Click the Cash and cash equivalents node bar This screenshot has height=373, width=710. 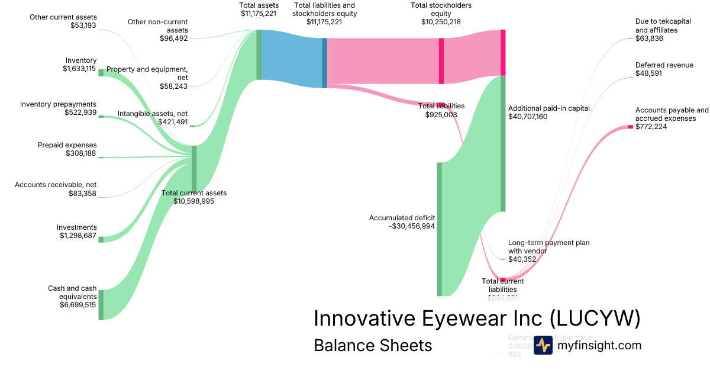pyautogui.click(x=101, y=304)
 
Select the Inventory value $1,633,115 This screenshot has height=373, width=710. pyautogui.click(x=79, y=69)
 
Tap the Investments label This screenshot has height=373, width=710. pyautogui.click(x=76, y=227)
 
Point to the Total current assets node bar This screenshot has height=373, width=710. pyautogui.click(x=194, y=169)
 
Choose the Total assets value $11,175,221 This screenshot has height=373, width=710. pyautogui.click(x=259, y=13)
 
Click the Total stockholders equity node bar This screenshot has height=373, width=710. pyautogui.click(x=441, y=60)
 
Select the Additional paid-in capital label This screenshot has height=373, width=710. pyautogui.click(x=548, y=108)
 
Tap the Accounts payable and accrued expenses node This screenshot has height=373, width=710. pyautogui.click(x=630, y=127)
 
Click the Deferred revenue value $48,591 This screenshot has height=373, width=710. pyautogui.click(x=649, y=73)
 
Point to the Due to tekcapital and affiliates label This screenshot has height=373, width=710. pyautogui.click(x=656, y=25)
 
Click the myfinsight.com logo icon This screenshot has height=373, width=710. pyautogui.click(x=543, y=345)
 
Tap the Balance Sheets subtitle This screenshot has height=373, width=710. pyautogui.click(x=373, y=345)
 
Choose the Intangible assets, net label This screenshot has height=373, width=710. pyautogui.click(x=152, y=113)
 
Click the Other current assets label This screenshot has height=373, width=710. pyautogui.click(x=63, y=17)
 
